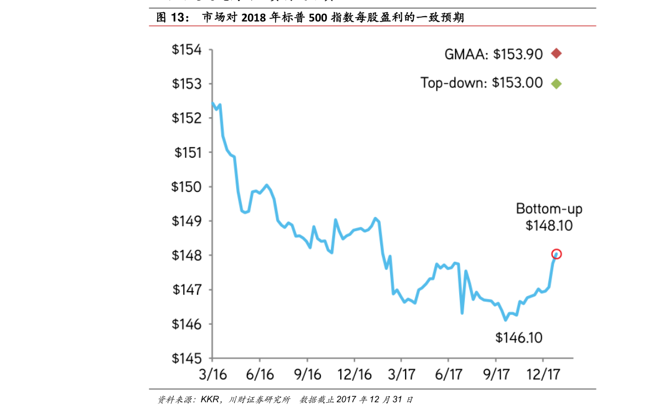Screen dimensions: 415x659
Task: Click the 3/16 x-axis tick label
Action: tap(212, 374)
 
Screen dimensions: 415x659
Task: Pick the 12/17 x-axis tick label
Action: tap(543, 374)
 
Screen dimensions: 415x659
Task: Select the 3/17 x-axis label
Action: tap(401, 374)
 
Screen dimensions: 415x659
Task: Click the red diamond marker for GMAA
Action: tap(556, 54)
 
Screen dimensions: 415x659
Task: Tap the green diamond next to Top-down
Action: tap(556, 84)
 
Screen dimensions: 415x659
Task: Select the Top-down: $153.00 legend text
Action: tap(481, 84)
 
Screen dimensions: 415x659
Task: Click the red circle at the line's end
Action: tap(557, 254)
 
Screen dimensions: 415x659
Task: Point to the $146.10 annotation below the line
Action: tap(518, 338)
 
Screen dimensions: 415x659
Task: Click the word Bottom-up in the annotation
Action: tap(549, 209)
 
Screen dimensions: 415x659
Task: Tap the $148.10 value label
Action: tap(549, 226)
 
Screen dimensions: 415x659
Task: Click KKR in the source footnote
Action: tap(210, 400)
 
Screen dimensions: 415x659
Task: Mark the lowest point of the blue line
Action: tap(505, 320)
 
